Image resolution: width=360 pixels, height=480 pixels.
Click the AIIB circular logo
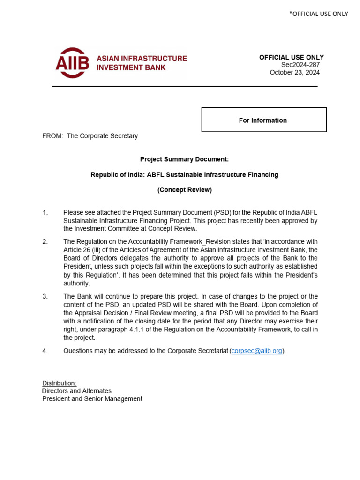(x=72, y=63)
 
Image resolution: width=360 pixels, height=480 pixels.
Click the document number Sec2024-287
(x=300, y=65)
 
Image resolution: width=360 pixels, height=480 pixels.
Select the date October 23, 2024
(x=295, y=72)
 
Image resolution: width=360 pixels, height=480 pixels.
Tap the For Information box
(x=263, y=120)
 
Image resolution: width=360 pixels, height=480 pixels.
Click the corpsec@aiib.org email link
(x=257, y=351)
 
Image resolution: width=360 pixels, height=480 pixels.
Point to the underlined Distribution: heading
(x=59, y=383)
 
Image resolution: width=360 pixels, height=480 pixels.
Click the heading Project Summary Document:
(x=184, y=159)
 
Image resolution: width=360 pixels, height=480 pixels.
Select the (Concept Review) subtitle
(x=184, y=190)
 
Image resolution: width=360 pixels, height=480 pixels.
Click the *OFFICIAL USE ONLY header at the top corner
(x=319, y=14)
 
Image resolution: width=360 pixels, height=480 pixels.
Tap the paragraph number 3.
(x=45, y=296)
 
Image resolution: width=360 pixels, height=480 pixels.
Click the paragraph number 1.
(x=45, y=213)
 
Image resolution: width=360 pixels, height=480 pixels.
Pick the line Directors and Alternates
(x=77, y=391)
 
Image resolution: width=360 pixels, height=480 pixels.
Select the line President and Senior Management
(x=92, y=399)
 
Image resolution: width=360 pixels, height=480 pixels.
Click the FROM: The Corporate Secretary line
(x=90, y=136)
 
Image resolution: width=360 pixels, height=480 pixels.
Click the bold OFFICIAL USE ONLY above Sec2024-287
(x=291, y=57)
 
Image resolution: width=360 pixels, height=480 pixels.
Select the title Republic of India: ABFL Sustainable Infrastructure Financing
(x=184, y=174)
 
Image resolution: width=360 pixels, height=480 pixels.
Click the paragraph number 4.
(x=45, y=351)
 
